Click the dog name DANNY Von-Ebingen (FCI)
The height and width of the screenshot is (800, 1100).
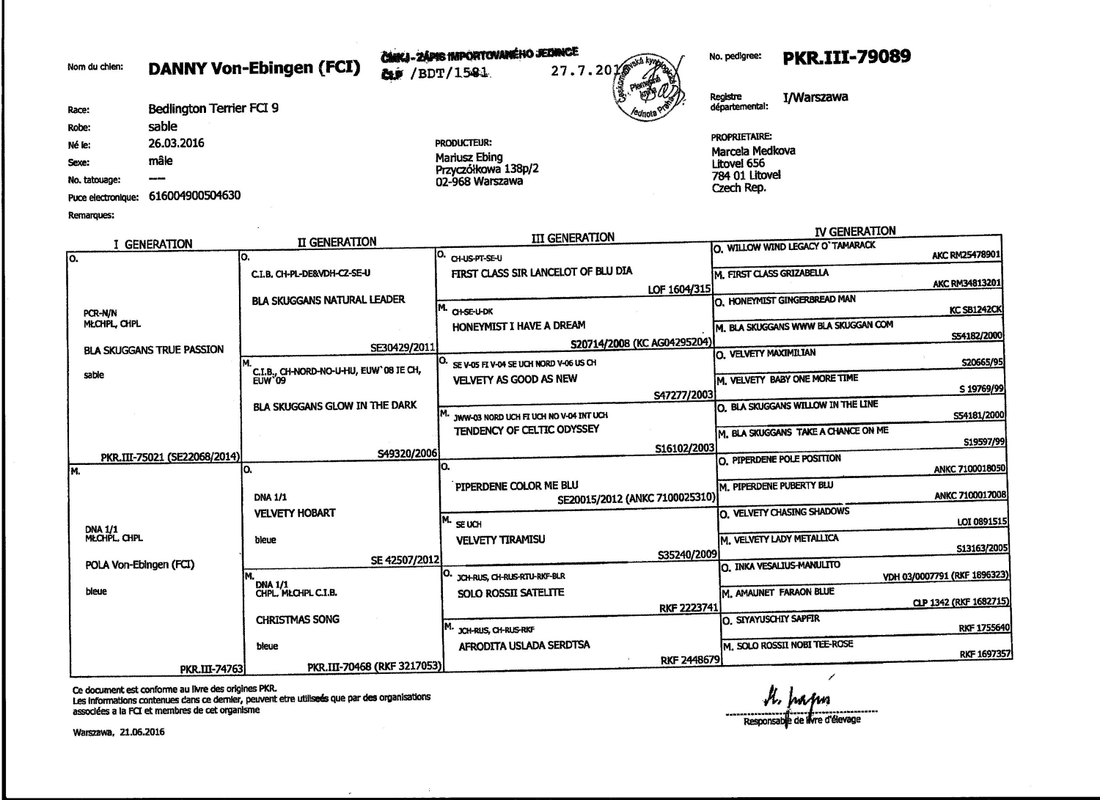(254, 69)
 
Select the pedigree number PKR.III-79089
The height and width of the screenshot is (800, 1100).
(847, 56)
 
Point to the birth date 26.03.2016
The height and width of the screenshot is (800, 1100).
(176, 144)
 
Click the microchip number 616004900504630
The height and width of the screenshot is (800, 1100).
(194, 196)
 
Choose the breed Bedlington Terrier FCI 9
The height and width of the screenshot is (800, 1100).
(213, 109)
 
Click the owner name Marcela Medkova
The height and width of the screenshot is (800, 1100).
(753, 151)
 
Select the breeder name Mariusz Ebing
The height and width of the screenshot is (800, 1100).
(469, 157)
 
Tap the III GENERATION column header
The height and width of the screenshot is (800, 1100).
(573, 238)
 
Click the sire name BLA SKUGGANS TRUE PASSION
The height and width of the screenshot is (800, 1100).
(154, 350)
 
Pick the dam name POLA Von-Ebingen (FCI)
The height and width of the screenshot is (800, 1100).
(140, 565)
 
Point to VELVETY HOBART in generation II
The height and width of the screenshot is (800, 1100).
(295, 513)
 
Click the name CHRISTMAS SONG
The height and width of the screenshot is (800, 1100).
(298, 620)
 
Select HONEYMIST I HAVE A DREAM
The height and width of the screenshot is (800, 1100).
(518, 326)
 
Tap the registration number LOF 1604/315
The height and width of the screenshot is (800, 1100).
(679, 290)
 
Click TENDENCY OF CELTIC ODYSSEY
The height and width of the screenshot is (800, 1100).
(527, 430)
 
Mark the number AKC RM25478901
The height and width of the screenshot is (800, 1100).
(967, 256)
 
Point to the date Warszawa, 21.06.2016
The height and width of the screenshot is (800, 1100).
(119, 732)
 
